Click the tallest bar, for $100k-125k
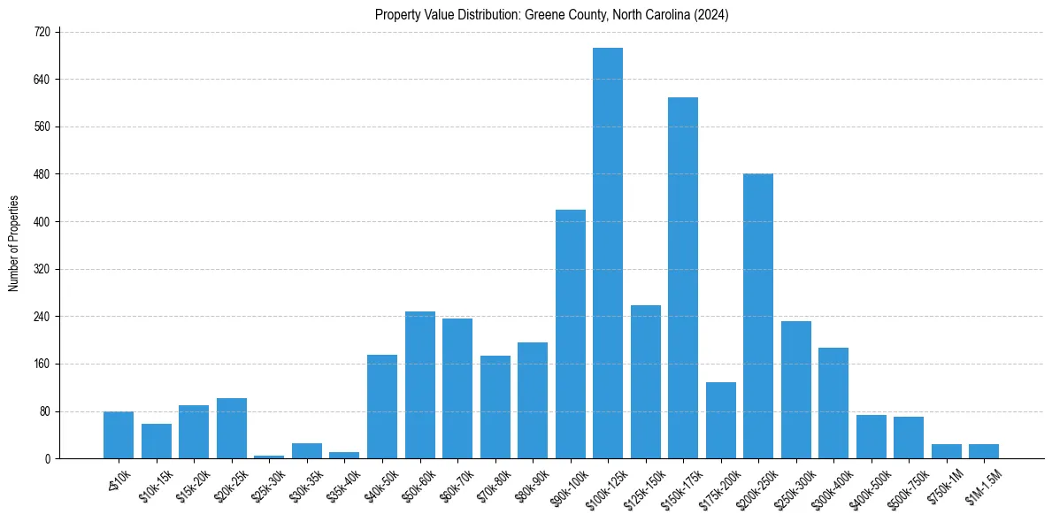pyautogui.click(x=608, y=253)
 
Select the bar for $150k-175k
pyautogui.click(x=683, y=278)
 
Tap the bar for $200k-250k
pyautogui.click(x=758, y=316)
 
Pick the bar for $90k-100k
pyautogui.click(x=571, y=334)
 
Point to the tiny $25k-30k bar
pyautogui.click(x=269, y=457)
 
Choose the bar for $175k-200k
pyautogui.click(x=721, y=420)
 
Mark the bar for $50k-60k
pyautogui.click(x=420, y=385)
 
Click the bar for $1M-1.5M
pyautogui.click(x=984, y=451)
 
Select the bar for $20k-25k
pyautogui.click(x=232, y=428)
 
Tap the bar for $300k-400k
pyautogui.click(x=833, y=403)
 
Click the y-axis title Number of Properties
pyautogui.click(x=13, y=243)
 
